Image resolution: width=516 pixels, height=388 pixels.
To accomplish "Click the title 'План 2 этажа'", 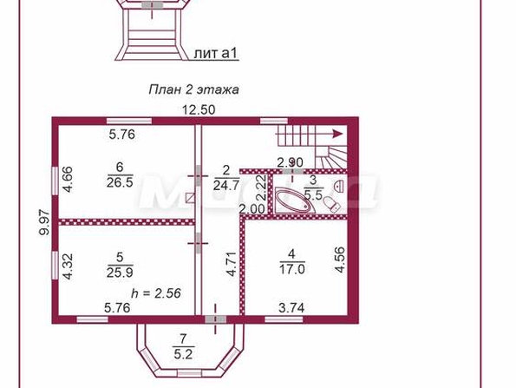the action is coord(194,89).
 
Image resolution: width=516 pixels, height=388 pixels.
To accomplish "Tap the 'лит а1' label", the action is coord(216,53).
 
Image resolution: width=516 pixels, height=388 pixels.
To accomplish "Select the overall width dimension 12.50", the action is coord(199,109).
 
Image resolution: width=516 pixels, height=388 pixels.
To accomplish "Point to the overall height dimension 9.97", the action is coord(44,223).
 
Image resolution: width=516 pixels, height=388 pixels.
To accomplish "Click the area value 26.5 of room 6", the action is coord(120,181).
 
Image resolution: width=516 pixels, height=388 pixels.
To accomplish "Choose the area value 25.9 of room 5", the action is coord(120,273).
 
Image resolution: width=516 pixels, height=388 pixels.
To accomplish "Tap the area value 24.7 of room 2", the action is coord(226,186).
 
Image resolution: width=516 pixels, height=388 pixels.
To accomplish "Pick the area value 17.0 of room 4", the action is coord(292,269).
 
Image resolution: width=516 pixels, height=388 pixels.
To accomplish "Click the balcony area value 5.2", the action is coord(183,354).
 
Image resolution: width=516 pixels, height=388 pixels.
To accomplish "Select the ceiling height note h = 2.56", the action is coord(156,293).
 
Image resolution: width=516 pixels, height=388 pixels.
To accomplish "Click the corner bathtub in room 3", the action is coord(295,201).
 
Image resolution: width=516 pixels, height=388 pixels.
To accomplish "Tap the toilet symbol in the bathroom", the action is coord(331,204).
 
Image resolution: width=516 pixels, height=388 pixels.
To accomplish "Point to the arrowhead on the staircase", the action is coord(337,134).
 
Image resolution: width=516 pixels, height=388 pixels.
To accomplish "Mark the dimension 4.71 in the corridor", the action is coord(232,264).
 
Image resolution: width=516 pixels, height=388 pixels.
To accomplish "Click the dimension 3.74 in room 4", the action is coord(291,308).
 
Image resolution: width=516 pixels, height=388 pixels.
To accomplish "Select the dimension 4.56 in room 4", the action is coord(340,260).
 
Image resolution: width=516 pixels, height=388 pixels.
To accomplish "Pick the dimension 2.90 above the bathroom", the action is coord(290,162).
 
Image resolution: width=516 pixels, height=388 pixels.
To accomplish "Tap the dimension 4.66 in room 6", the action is coord(69,180).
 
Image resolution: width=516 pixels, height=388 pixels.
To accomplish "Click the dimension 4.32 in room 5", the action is coord(68,266).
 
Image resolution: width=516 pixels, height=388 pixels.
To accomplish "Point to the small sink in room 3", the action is coord(339,186).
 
